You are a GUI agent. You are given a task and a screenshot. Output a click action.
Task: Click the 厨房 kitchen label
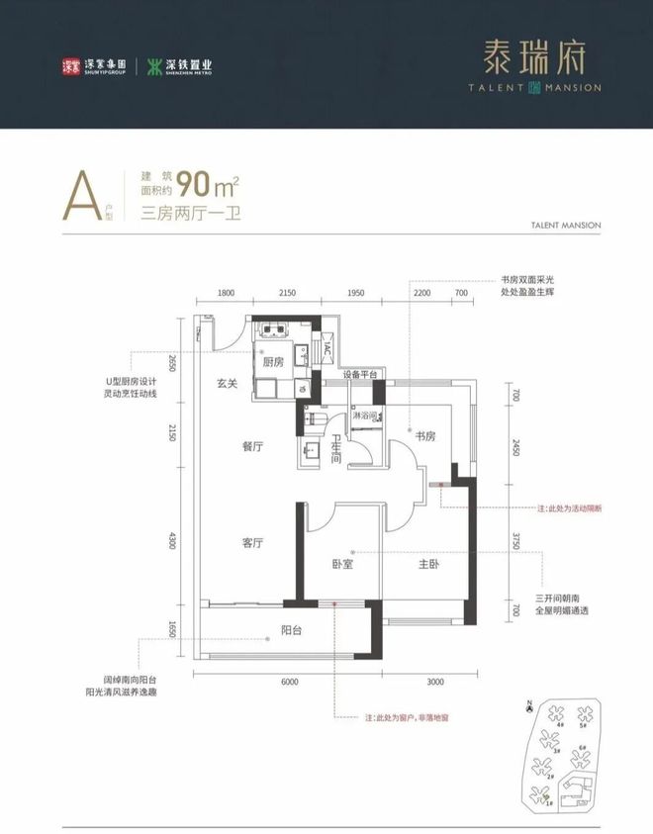(x=274, y=362)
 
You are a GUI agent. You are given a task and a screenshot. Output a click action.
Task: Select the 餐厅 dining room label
(x=251, y=447)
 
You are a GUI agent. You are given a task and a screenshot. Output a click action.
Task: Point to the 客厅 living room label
(x=251, y=543)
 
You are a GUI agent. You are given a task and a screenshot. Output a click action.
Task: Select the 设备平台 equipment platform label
(x=363, y=375)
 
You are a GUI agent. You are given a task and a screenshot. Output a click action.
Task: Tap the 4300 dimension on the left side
(x=172, y=541)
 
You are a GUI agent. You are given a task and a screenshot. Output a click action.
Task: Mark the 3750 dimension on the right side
(x=515, y=541)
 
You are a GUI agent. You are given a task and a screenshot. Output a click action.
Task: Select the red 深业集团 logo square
(x=70, y=67)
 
